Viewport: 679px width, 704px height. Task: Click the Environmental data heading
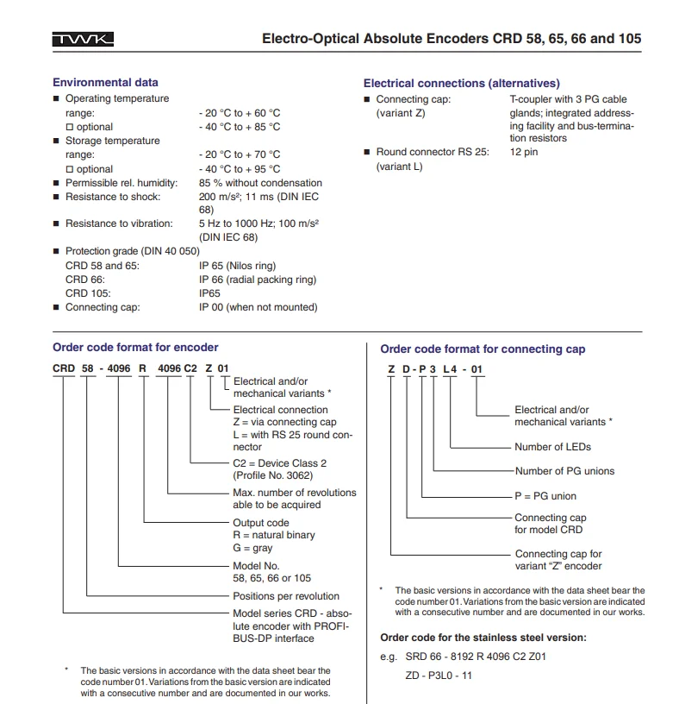[105, 83]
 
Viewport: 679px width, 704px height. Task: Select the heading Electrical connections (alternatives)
[461, 84]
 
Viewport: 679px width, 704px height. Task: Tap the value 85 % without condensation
[260, 183]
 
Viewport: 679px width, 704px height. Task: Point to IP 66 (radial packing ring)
[257, 280]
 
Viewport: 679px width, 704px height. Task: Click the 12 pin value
[523, 152]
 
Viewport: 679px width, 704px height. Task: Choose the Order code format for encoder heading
[135, 348]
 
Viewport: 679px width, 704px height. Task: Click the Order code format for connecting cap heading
[483, 349]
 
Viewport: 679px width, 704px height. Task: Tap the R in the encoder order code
[143, 368]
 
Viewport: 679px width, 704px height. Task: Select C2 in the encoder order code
[192, 368]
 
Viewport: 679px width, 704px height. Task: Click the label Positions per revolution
[286, 596]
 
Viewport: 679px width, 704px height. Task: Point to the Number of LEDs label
[552, 447]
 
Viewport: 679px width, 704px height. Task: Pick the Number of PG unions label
[564, 471]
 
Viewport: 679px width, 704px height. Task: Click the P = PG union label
[545, 496]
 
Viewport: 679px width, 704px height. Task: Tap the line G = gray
[252, 548]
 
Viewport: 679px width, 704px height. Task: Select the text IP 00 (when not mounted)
[258, 307]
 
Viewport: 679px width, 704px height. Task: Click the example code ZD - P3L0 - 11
[438, 676]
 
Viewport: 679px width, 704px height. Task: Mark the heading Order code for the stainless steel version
[483, 638]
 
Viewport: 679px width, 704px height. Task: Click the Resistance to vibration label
[119, 223]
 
